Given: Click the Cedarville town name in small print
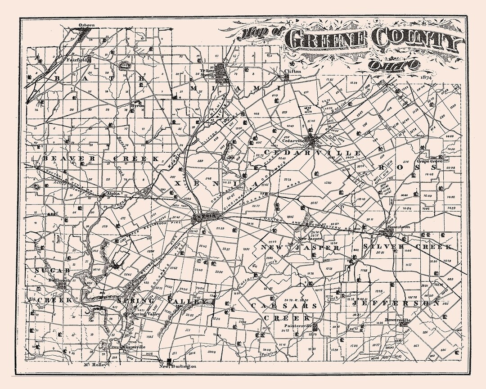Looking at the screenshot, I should coord(293,140).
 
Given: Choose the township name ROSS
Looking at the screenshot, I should coord(400,167).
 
